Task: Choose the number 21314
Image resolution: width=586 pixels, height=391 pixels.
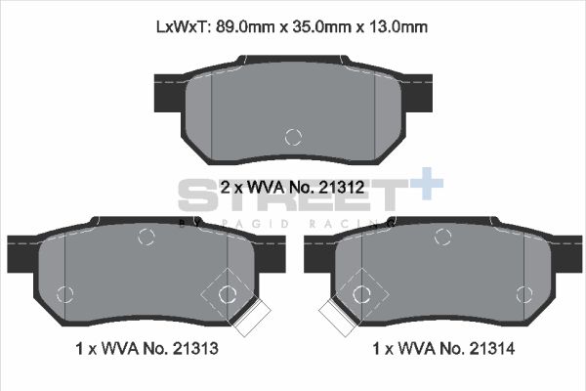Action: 487,347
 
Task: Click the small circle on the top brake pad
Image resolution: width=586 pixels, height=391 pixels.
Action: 292,138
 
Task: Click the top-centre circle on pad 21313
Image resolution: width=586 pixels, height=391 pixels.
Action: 146,236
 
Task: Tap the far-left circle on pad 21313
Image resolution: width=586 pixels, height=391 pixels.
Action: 66,292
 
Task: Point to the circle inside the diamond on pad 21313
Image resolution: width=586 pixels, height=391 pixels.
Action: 228,292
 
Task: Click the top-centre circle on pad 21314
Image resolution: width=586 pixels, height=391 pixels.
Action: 442,236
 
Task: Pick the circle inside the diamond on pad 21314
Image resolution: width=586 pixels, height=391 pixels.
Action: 360,292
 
